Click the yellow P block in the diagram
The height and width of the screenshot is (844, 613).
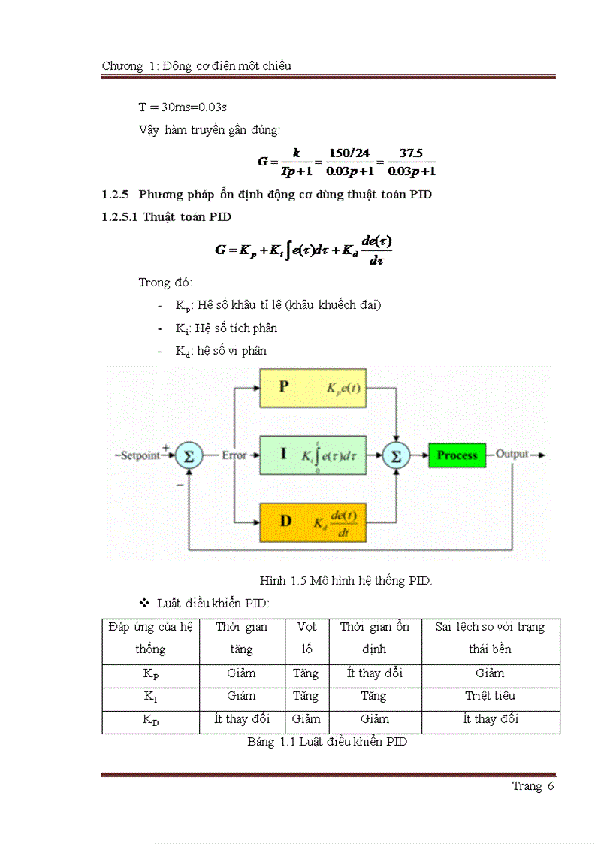[x=313, y=388]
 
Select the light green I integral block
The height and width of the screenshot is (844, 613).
[x=313, y=455]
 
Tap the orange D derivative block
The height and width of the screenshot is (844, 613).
[x=313, y=521]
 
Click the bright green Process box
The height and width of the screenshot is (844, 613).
[x=457, y=455]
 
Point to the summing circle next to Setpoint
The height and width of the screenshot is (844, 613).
[x=189, y=455]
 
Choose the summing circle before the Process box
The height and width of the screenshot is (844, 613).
[x=396, y=455]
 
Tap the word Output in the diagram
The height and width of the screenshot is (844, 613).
[x=512, y=455]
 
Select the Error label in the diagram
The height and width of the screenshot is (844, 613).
[x=234, y=455]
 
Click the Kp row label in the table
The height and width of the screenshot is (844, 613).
[x=150, y=674]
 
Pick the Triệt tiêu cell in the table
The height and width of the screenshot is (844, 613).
[x=490, y=696]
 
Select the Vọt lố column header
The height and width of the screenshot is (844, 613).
[x=306, y=637]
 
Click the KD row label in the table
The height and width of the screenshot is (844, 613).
[x=150, y=720]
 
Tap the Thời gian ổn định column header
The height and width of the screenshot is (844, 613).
[x=374, y=637]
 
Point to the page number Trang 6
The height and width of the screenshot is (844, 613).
[x=533, y=786]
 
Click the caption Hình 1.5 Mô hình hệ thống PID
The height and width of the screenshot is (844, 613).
[x=346, y=580]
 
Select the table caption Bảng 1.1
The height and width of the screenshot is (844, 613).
[x=328, y=742]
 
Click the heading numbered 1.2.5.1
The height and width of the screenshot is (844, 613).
[x=167, y=217]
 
